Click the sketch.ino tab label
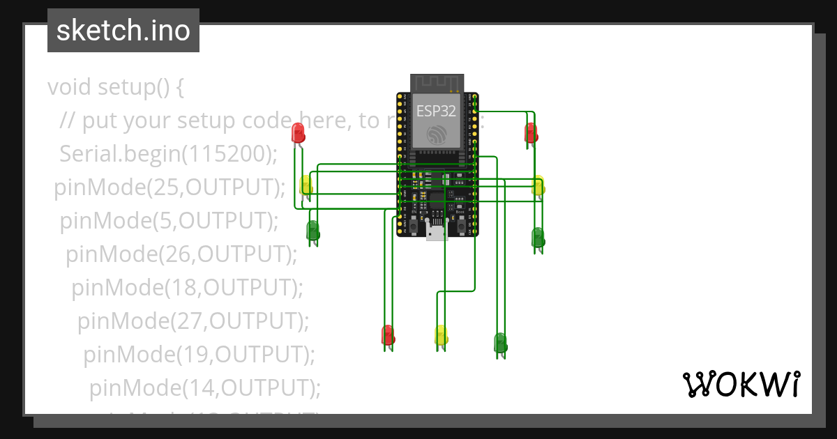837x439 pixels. (x=123, y=31)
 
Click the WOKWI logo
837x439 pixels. (x=741, y=384)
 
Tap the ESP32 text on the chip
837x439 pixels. (x=436, y=110)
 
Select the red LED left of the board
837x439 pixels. (x=298, y=132)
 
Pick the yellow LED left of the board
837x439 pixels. (x=306, y=185)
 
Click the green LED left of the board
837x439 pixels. (x=312, y=230)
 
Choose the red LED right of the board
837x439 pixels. (x=531, y=132)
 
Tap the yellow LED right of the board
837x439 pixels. (x=538, y=185)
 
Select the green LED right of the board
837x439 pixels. (x=538, y=237)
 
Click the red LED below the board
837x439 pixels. (x=388, y=334)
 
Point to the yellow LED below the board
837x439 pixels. (x=441, y=335)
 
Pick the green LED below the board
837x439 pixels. (x=500, y=342)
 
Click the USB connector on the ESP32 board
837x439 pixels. (x=437, y=233)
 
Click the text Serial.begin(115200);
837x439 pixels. (x=169, y=154)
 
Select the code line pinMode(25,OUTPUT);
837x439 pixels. (x=170, y=187)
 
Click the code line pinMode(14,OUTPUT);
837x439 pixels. (x=205, y=387)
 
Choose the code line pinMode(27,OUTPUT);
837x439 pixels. (x=193, y=321)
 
